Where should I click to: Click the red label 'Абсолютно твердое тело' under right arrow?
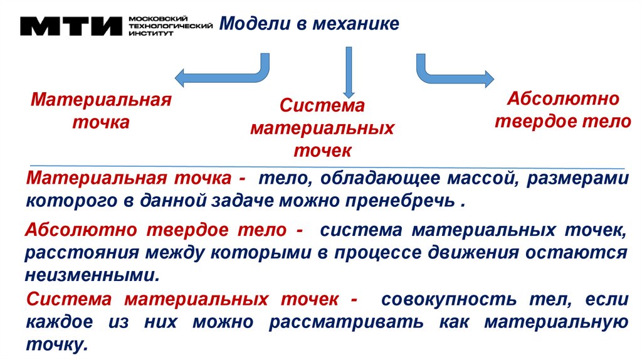point(563,110)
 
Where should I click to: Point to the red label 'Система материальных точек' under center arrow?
point(322,128)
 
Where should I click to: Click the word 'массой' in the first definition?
point(483,179)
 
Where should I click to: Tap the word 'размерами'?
point(577,179)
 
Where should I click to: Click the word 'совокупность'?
point(455,300)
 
